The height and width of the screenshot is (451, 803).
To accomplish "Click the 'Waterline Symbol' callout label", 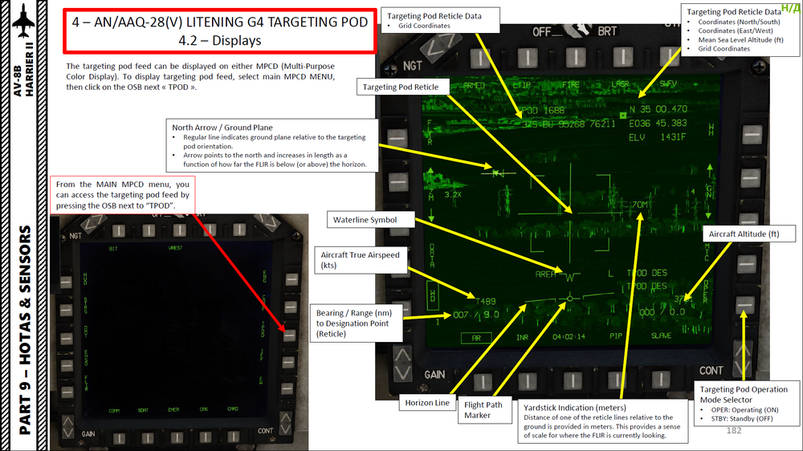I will click(x=365, y=219).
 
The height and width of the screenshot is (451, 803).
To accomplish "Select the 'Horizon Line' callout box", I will click(x=427, y=403).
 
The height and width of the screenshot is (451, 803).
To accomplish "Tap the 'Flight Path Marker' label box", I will click(x=483, y=409).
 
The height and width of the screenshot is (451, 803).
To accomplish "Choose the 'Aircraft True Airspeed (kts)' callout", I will click(x=360, y=260).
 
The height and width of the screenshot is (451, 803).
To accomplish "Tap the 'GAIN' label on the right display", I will click(x=434, y=375).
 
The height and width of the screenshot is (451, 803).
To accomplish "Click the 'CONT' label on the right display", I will click(x=711, y=371).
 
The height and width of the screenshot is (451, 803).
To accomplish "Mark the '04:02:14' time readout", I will click(x=569, y=337).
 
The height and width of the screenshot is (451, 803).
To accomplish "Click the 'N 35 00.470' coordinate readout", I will click(x=658, y=109).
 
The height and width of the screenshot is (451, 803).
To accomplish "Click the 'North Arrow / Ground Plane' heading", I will click(x=222, y=128).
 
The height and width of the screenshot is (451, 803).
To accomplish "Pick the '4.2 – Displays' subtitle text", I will click(x=219, y=39).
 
